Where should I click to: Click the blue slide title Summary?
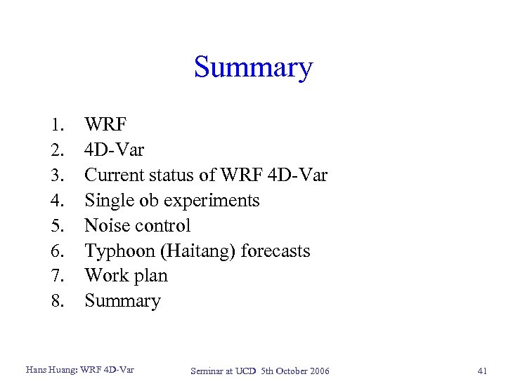253,68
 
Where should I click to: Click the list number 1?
58,125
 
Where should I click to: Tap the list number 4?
58,201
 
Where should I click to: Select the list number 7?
58,276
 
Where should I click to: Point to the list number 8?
58,301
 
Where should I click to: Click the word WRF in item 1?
105,125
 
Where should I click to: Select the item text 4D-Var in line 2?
114,150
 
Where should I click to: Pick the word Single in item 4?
104,201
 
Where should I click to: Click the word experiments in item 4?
221,201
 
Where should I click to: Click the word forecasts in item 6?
275,251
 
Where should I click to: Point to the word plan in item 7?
150,277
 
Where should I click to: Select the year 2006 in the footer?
316,371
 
